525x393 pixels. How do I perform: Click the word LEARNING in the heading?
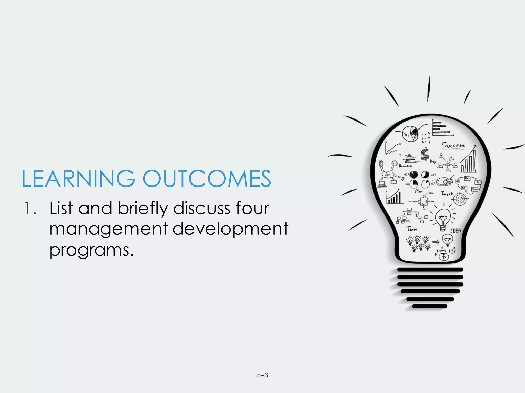(78, 179)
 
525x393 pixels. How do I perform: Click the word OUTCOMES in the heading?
(207, 179)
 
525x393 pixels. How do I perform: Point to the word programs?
(91, 250)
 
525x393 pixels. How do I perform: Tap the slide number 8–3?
(262, 375)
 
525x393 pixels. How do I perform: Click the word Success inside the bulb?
(453, 145)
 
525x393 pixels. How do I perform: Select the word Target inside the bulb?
(447, 194)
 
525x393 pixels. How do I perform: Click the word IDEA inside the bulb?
(455, 231)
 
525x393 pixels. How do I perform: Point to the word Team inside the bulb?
(411, 229)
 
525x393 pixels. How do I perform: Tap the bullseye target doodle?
(460, 199)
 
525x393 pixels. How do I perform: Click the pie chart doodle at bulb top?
(410, 133)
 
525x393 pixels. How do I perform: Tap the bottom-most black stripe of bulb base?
(430, 306)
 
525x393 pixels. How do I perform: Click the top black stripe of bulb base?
(430, 270)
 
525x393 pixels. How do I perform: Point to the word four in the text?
(253, 208)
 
